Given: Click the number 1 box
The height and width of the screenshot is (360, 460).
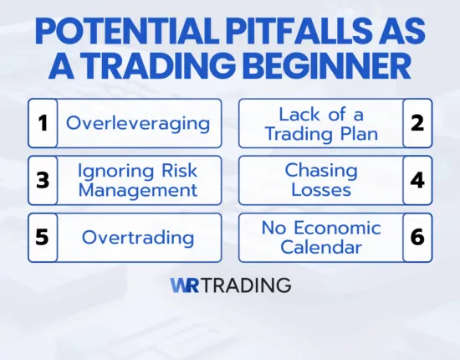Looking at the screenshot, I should pos(42,123).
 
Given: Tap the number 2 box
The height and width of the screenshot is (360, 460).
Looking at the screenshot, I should pos(417,123).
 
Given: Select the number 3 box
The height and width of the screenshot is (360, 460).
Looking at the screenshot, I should pos(42,180).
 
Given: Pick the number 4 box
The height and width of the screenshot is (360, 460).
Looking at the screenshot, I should pos(417,180).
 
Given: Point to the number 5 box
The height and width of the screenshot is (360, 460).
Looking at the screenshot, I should pos(42,237).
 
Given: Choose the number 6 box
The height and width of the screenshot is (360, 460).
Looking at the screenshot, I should pos(417,237).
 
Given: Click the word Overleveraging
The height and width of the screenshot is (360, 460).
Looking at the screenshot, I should pos(138,123).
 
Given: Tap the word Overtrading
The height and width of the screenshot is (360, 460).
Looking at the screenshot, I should pos(138,237).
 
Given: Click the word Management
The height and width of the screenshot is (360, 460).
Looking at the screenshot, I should pos(138,190).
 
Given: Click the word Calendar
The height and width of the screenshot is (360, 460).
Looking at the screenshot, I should pos(321,247).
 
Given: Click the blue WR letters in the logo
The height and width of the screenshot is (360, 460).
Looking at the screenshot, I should pos(184,285).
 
